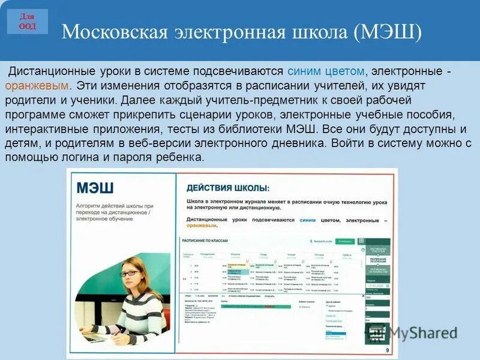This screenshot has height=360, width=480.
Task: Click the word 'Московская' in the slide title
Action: pyautogui.click(x=113, y=32)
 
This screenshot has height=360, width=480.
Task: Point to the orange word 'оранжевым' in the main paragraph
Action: pyautogui.click(x=35, y=86)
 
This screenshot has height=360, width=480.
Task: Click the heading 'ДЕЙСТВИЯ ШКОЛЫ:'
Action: pyautogui.click(x=227, y=188)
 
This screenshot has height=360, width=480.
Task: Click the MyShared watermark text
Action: pyautogui.click(x=422, y=332)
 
